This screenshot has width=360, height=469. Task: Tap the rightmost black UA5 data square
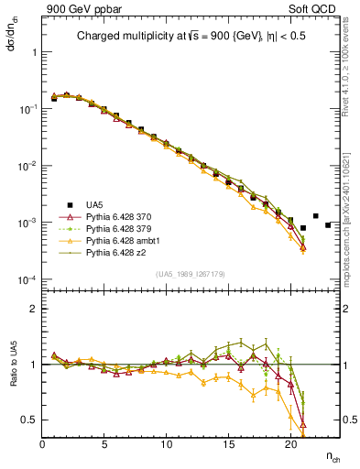(x=327, y=224)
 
